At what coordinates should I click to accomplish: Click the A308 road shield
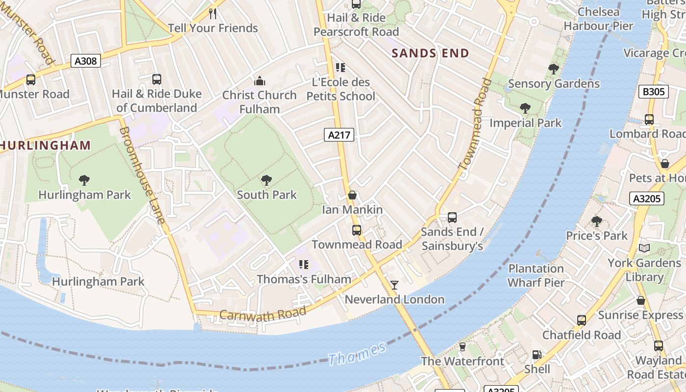[86, 61]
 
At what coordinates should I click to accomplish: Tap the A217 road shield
[339, 135]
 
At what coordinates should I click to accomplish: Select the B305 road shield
[654, 92]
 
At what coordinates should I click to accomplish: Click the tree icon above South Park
[267, 180]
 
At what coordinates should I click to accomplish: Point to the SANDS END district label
[430, 53]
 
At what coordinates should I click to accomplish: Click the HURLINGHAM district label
[46, 146]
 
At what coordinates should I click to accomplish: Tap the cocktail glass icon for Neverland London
[394, 285]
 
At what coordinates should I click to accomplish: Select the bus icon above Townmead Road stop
[357, 230]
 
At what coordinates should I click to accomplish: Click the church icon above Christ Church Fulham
[260, 81]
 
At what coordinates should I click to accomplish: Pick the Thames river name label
[357, 354]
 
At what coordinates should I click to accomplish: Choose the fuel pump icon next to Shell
[537, 354]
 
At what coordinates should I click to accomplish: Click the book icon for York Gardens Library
[644, 248]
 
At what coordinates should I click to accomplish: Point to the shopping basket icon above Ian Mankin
[352, 196]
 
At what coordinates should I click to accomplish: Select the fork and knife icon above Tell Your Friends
[213, 14]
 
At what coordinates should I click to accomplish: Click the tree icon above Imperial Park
[525, 108]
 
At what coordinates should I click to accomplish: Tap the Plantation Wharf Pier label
[536, 275]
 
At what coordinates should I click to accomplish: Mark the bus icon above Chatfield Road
[581, 320]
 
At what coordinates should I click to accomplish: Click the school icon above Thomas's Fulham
[304, 265]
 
